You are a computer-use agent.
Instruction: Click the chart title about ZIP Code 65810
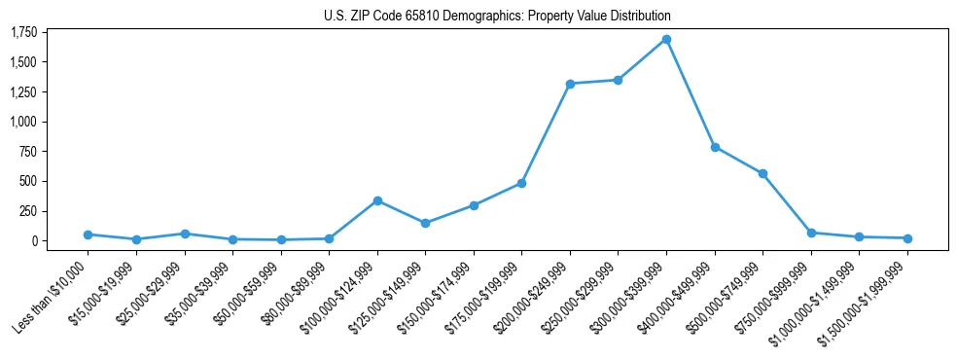click(497, 16)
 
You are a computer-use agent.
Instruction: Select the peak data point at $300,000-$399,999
click(666, 40)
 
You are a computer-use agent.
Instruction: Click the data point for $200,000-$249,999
click(570, 84)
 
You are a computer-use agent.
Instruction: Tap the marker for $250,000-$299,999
click(618, 80)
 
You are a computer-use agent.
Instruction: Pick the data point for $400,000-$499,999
click(715, 147)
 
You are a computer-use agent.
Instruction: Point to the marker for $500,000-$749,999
click(762, 173)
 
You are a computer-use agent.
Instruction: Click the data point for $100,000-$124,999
click(377, 200)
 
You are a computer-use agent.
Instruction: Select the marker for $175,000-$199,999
click(522, 183)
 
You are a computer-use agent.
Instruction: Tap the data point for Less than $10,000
click(89, 234)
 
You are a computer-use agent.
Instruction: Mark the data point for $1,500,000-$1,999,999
click(907, 238)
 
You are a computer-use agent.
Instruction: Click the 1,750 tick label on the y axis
click(23, 33)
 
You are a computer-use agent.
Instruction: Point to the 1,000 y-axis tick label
click(23, 122)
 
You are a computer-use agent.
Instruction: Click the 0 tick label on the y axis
click(33, 240)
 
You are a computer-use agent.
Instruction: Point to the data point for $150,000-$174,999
click(474, 205)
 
